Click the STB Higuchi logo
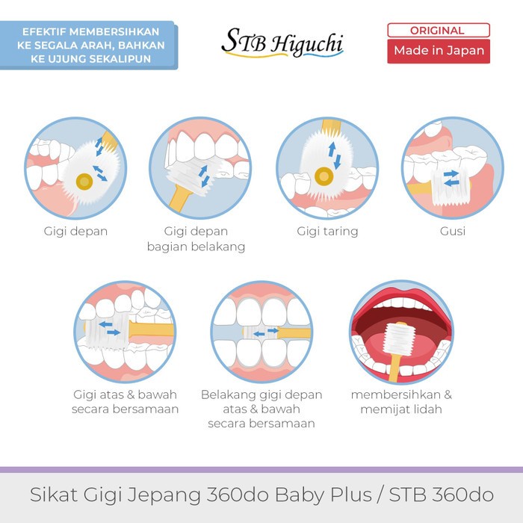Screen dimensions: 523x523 pos(282,43)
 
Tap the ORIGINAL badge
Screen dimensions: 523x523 pos(439,31)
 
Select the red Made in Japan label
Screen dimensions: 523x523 pos(439,51)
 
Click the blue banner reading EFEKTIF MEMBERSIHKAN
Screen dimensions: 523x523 pos(89,46)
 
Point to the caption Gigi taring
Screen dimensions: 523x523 pos(327,231)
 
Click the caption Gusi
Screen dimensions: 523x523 pos(453,231)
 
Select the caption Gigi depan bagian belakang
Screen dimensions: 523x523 pos(196,239)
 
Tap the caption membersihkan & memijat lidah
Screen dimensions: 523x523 pos(401,402)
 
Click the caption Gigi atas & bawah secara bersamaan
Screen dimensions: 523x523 pos(125,402)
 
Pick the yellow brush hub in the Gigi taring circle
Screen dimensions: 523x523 pos(324,176)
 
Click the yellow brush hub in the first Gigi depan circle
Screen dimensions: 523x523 pos(84,182)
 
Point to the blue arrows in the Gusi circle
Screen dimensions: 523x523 pos(451,179)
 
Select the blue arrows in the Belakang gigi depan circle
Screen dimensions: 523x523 pos(266,332)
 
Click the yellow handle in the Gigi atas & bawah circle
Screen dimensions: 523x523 pos(151,329)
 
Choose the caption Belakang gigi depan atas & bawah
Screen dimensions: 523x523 pos(261,402)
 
